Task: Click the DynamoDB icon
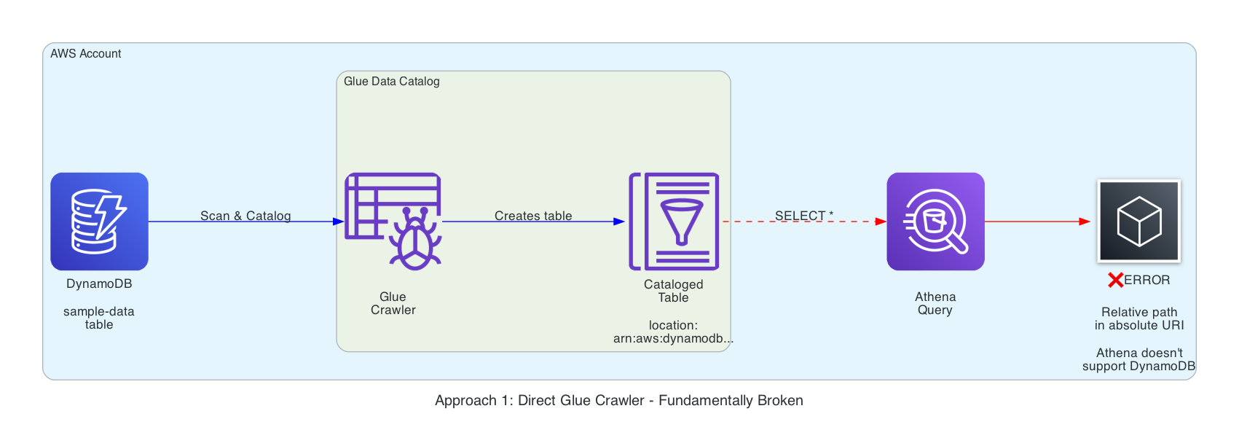(99, 222)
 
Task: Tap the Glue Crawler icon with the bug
(393, 222)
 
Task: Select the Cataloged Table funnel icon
(674, 222)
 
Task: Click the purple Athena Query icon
(935, 222)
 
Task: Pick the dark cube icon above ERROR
(1139, 222)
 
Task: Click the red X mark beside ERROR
(1115, 281)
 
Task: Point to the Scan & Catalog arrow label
(245, 216)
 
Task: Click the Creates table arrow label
(533, 216)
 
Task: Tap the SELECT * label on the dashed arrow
(804, 216)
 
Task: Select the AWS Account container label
(86, 54)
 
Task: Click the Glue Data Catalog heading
(392, 82)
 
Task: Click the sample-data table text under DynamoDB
(99, 318)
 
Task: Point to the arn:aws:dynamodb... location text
(673, 338)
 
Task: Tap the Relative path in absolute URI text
(1139, 318)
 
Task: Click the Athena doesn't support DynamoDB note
(1139, 359)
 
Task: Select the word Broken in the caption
(780, 400)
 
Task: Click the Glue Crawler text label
(393, 303)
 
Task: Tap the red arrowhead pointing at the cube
(1085, 222)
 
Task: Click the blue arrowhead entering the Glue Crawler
(339, 222)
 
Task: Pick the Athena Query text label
(935, 303)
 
